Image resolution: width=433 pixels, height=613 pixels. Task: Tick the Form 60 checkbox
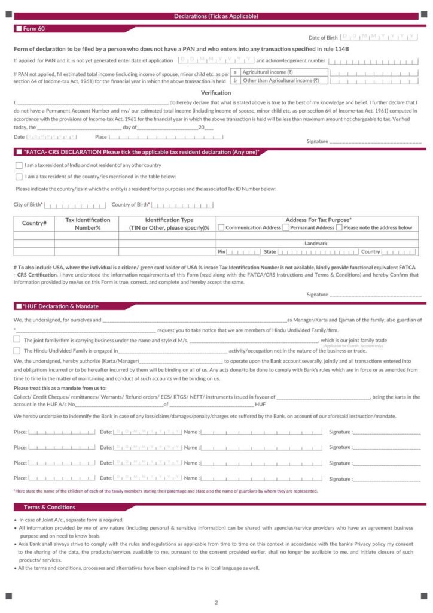pyautogui.click(x=19, y=29)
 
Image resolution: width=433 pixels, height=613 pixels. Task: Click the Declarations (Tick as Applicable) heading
pyautogui.click(x=216, y=16)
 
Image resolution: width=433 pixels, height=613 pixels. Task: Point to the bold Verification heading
pyautogui.click(x=216, y=93)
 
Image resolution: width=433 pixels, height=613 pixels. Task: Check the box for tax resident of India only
pyautogui.click(x=19, y=165)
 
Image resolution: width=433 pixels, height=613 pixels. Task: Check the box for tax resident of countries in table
pyautogui.click(x=19, y=177)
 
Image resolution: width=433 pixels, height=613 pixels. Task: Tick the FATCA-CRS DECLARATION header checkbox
pyautogui.click(x=19, y=153)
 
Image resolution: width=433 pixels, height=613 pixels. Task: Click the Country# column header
pyautogui.click(x=34, y=223)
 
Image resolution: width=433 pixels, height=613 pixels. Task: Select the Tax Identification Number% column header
pyautogui.click(x=87, y=224)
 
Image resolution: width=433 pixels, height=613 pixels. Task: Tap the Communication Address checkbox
pyautogui.click(x=221, y=227)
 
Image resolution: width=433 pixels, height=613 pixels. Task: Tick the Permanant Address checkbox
pyautogui.click(x=286, y=227)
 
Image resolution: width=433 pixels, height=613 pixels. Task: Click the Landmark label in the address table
pyautogui.click(x=316, y=244)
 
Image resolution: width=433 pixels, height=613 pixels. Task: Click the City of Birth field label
pyautogui.click(x=28, y=205)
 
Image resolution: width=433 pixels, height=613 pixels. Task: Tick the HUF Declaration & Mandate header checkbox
pyautogui.click(x=19, y=306)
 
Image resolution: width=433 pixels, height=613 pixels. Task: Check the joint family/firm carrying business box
pyautogui.click(x=17, y=339)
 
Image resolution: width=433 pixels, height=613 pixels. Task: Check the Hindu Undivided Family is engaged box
pyautogui.click(x=17, y=350)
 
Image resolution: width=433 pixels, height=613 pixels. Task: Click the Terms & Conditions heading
pyautogui.click(x=50, y=507)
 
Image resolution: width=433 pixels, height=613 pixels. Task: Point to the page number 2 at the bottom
pyautogui.click(x=216, y=602)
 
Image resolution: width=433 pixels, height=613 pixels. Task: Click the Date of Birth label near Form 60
pyautogui.click(x=323, y=38)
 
